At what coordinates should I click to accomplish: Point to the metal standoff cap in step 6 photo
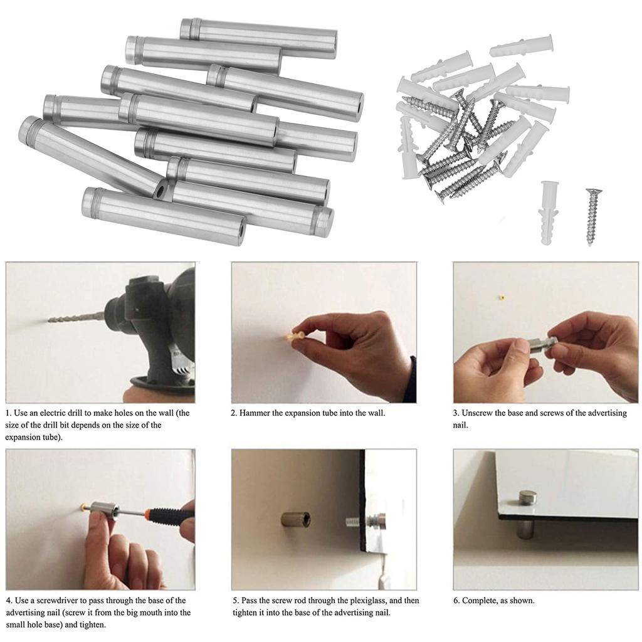[527, 502]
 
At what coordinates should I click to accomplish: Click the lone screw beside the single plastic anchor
[591, 216]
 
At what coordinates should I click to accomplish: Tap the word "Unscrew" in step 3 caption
[481, 413]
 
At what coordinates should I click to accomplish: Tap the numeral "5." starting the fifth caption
[235, 601]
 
